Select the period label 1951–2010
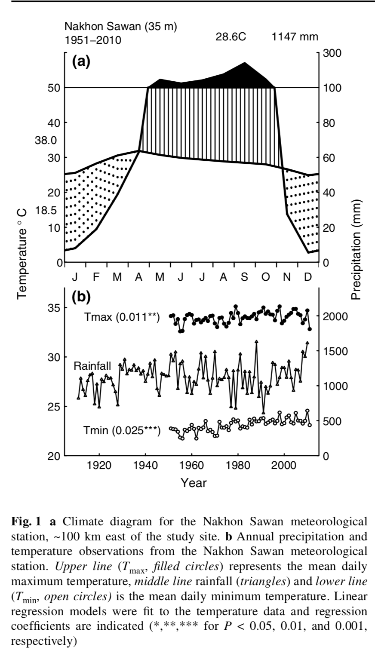click(x=92, y=40)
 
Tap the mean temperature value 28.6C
click(x=231, y=37)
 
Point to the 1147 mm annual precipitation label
click(x=295, y=37)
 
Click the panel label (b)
click(x=81, y=296)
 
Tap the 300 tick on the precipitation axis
click(x=330, y=53)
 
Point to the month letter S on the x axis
click(x=244, y=277)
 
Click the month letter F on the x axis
click(x=96, y=277)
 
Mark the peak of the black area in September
click(x=245, y=63)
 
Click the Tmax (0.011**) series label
click(x=122, y=318)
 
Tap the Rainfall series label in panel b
click(x=92, y=366)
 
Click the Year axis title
click(x=194, y=483)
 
